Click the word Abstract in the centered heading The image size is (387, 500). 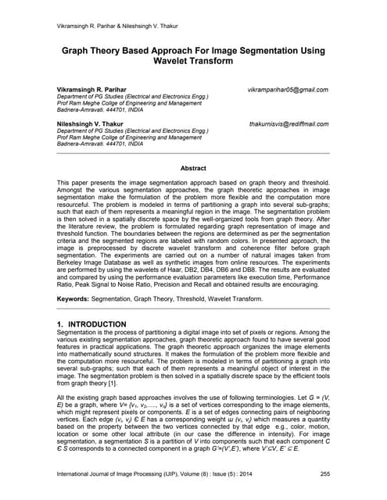[x=193, y=168]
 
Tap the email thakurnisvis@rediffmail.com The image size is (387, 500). [x=288, y=123]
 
